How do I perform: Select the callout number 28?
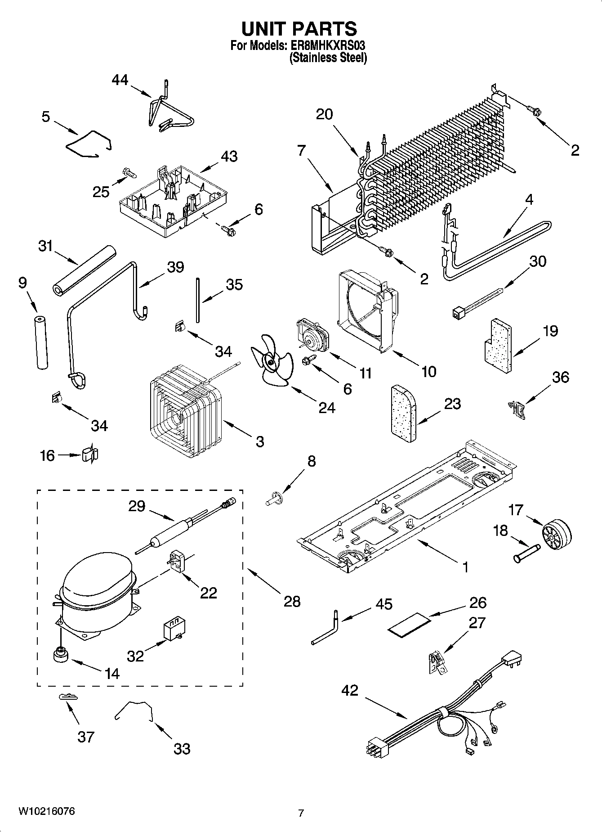point(292,601)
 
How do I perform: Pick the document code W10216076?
point(46,810)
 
